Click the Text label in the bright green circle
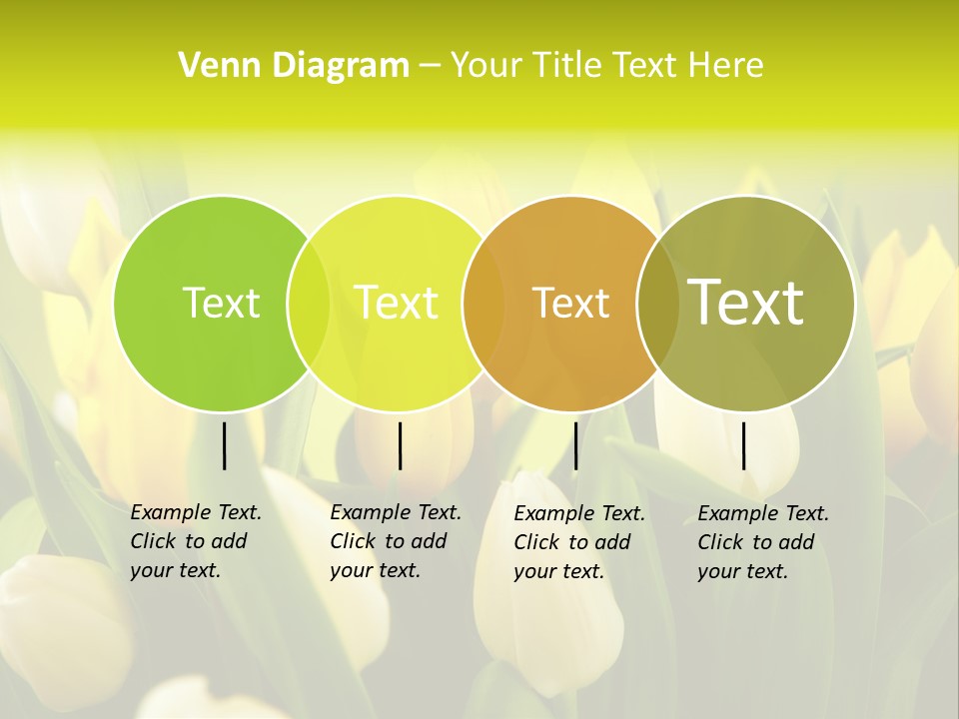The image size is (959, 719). point(221,303)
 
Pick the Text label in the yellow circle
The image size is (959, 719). point(397,303)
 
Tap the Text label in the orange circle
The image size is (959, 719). point(570,303)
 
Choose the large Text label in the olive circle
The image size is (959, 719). point(745,302)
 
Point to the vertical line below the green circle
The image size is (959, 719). point(224,445)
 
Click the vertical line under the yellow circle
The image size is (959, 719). point(400,445)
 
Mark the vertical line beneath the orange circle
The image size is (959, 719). point(575,445)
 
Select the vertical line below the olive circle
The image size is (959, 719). point(743,445)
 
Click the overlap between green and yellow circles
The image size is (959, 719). point(309,304)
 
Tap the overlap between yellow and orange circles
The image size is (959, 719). point(483,304)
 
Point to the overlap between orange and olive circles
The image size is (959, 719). point(655,304)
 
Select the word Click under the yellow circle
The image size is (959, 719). point(353,541)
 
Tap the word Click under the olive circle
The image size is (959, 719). point(720,542)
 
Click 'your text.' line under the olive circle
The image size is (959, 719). point(742,571)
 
